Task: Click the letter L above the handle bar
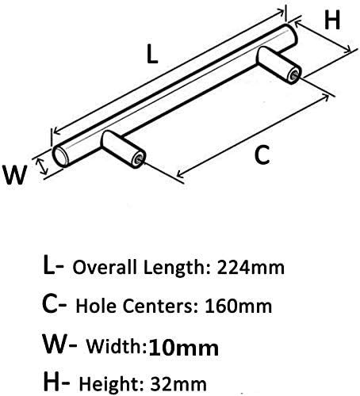(152, 54)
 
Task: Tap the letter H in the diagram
(332, 21)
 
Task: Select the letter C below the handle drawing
(262, 155)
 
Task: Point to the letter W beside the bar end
(15, 175)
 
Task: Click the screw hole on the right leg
(294, 76)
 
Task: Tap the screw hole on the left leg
(140, 159)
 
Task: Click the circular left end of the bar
(60, 156)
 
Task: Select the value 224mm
(251, 268)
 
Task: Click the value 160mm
(238, 307)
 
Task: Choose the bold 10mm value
(184, 348)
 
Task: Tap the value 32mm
(178, 384)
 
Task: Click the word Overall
(105, 267)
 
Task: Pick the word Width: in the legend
(117, 346)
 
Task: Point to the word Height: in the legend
(113, 384)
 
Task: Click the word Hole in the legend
(98, 306)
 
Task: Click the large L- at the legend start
(53, 265)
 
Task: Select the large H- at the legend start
(57, 381)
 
